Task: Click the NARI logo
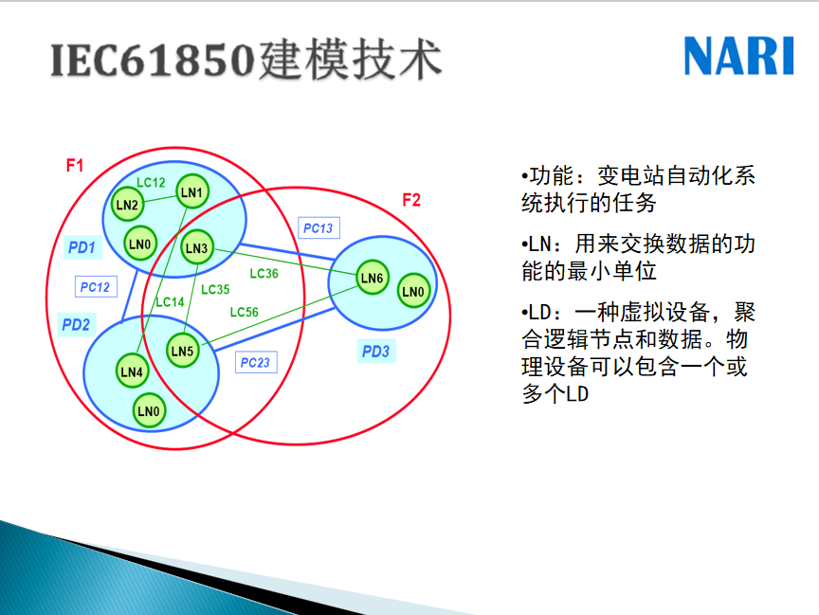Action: pyautogui.click(x=738, y=56)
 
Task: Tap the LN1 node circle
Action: pyautogui.click(x=191, y=191)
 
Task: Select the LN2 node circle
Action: pyautogui.click(x=127, y=204)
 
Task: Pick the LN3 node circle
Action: pyautogui.click(x=196, y=247)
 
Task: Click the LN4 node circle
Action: pyautogui.click(x=132, y=371)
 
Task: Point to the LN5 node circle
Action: pyautogui.click(x=182, y=351)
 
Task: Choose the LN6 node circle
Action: pyautogui.click(x=372, y=278)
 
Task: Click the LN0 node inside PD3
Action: pyautogui.click(x=413, y=291)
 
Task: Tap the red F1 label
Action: pyautogui.click(x=75, y=166)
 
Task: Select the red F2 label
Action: pyautogui.click(x=411, y=200)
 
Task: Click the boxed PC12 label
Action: pyautogui.click(x=96, y=286)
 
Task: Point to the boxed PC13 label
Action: pyautogui.click(x=318, y=227)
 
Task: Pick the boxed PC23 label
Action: pyautogui.click(x=255, y=362)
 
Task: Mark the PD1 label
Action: pyautogui.click(x=82, y=247)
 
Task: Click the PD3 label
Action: pyautogui.click(x=376, y=351)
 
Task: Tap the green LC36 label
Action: pyautogui.click(x=264, y=274)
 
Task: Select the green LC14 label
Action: pyautogui.click(x=171, y=301)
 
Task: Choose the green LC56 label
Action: pyautogui.click(x=244, y=312)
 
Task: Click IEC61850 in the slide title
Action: pyautogui.click(x=152, y=61)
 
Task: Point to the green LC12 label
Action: pyautogui.click(x=151, y=182)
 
